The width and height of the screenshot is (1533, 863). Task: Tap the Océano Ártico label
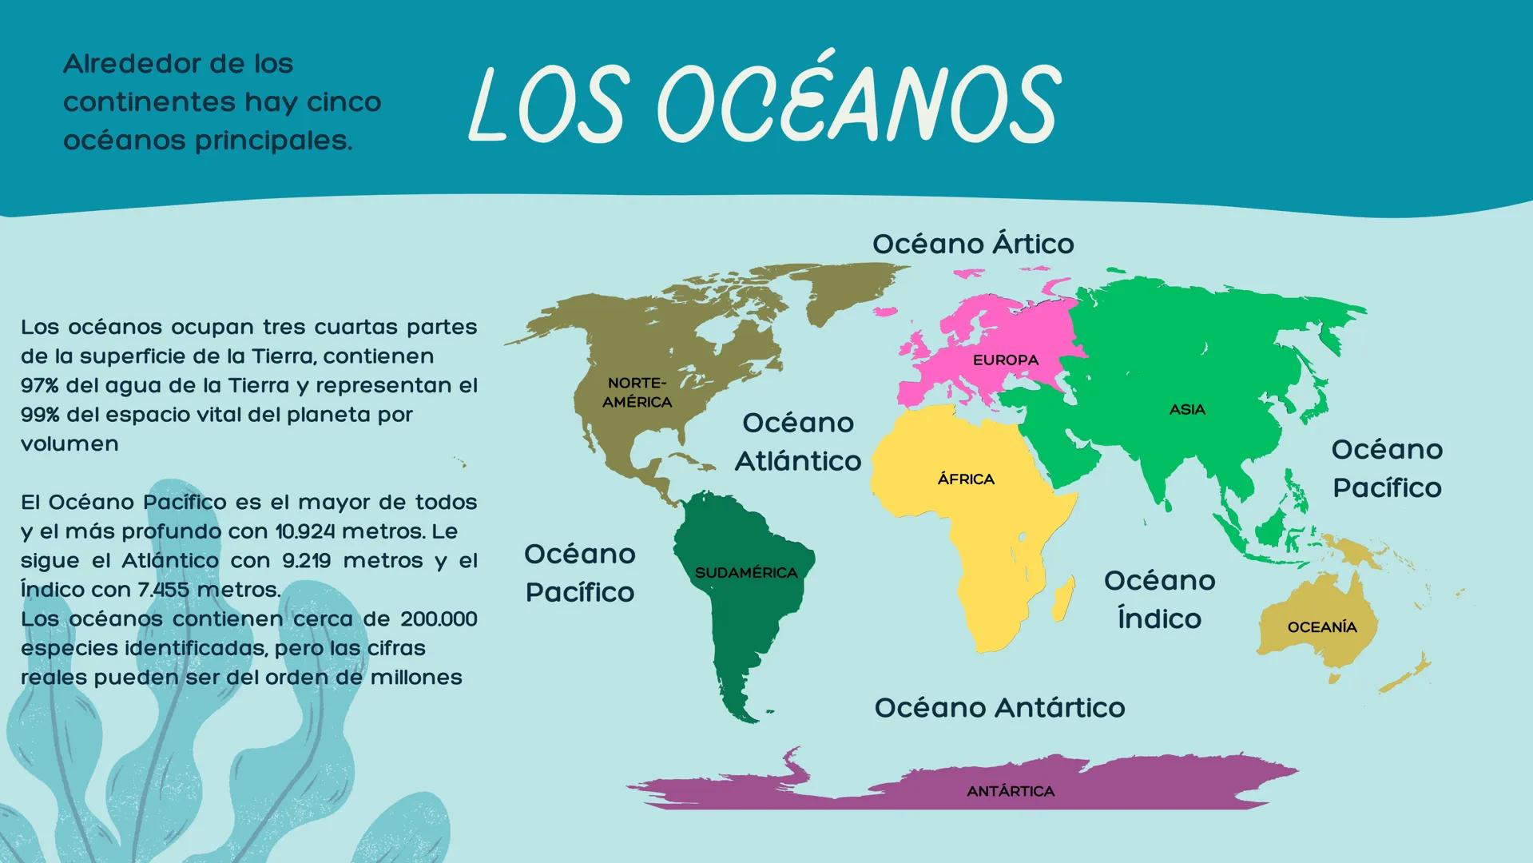972,244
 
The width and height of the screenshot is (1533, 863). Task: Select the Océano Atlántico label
797,442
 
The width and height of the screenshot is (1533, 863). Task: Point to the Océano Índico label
1159,599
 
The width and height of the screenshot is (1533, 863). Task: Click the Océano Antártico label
999,707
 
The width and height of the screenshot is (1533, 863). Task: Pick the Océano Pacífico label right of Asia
1387,468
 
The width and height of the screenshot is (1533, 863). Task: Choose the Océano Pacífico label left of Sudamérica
580,573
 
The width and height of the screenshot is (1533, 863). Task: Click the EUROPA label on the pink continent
1005,360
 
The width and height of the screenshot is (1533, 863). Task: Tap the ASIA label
1187,410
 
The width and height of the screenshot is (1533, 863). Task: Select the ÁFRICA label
966,479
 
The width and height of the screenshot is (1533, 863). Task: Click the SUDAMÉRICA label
746,573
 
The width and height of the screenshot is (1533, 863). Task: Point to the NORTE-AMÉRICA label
637,393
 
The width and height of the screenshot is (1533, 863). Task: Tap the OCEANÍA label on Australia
1322,627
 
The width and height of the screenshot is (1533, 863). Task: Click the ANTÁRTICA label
1011,791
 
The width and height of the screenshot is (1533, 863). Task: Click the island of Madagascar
1062,600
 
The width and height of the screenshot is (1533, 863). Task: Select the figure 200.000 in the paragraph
439,619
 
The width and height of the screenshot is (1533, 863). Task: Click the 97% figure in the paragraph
40,385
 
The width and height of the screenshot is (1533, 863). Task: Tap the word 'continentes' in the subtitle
150,102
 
